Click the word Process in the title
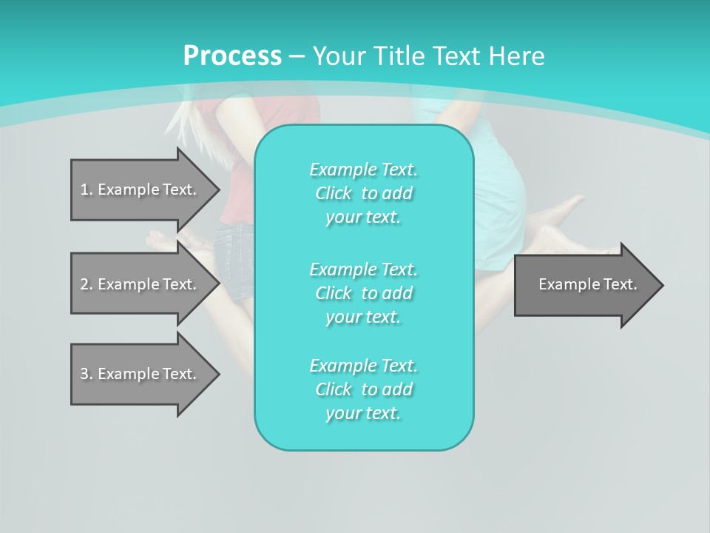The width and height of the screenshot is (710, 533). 232,56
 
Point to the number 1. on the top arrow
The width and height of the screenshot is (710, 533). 87,190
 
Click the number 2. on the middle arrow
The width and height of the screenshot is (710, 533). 87,284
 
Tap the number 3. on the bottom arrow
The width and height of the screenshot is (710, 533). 87,374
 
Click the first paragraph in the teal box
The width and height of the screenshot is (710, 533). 363,193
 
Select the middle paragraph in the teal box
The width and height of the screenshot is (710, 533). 363,292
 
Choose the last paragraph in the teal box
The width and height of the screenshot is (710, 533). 363,389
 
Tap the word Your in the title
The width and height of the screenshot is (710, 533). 339,56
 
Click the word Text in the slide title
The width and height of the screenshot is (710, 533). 457,56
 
